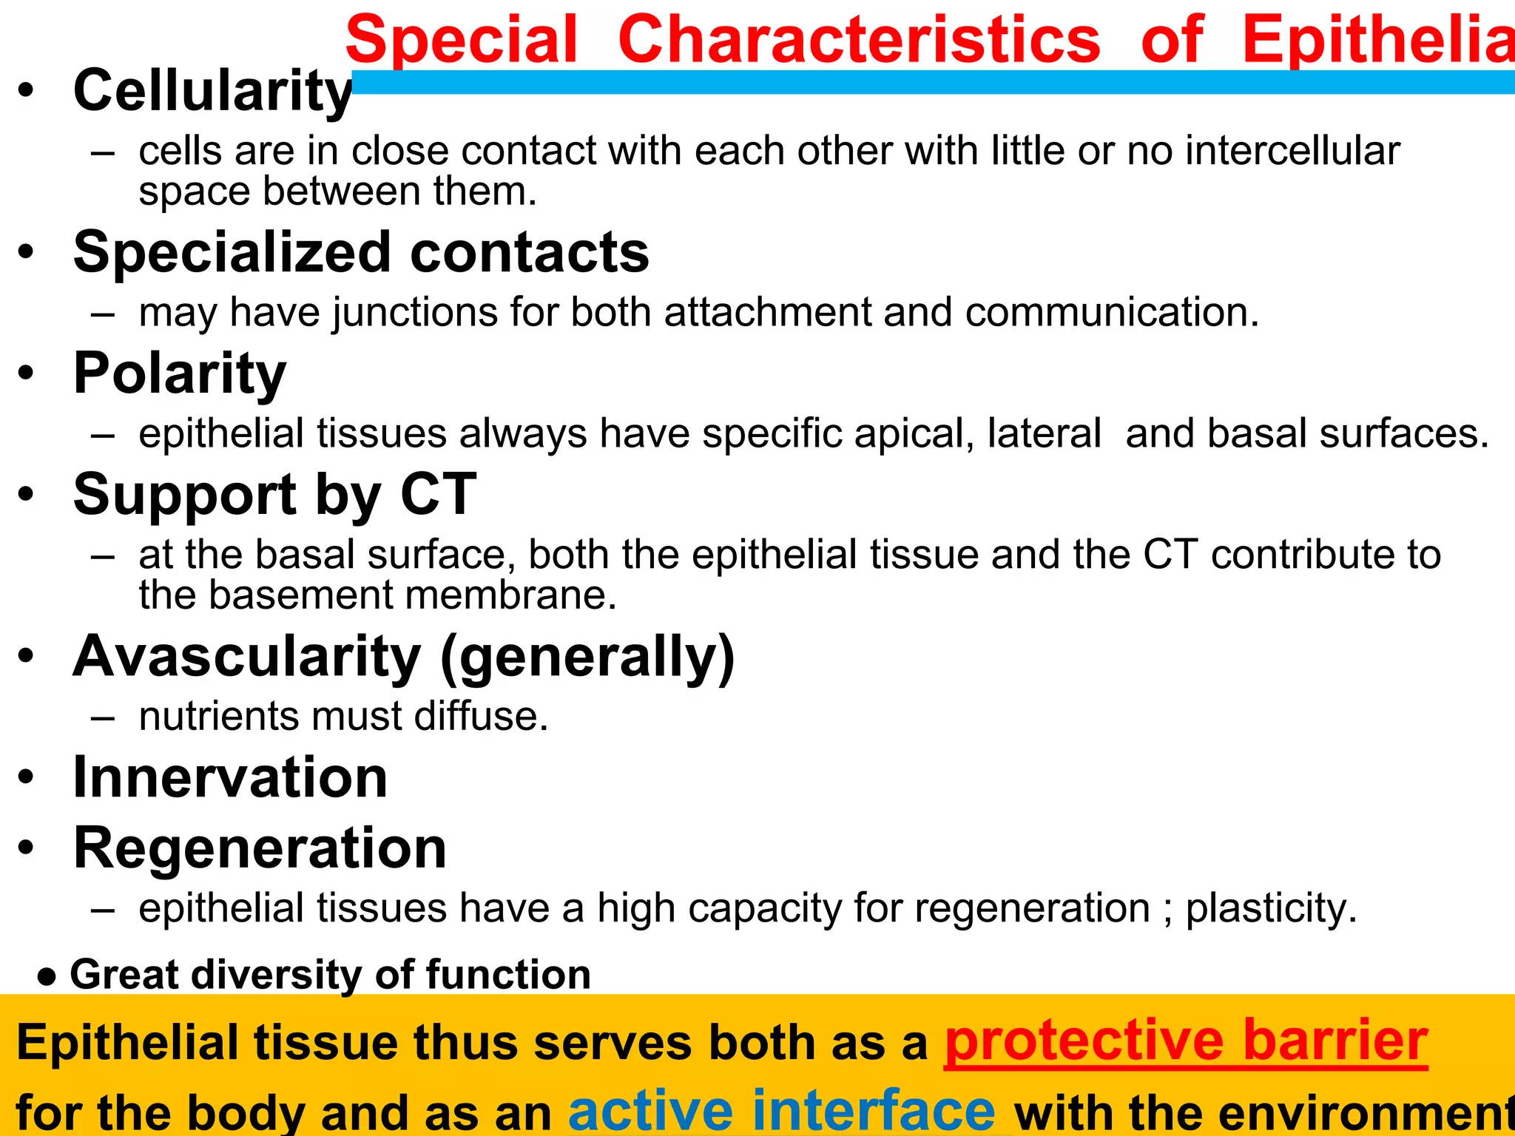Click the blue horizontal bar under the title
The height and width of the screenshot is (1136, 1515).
932,82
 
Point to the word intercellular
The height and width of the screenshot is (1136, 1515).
1292,151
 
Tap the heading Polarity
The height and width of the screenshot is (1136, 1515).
180,374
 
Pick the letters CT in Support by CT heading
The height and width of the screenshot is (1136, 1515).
438,494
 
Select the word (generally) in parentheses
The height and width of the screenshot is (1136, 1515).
587,657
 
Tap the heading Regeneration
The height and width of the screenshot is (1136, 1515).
260,848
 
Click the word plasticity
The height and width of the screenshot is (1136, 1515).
1270,908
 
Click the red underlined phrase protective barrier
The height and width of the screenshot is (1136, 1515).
1186,1041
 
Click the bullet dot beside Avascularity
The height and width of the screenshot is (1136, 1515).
27,655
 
